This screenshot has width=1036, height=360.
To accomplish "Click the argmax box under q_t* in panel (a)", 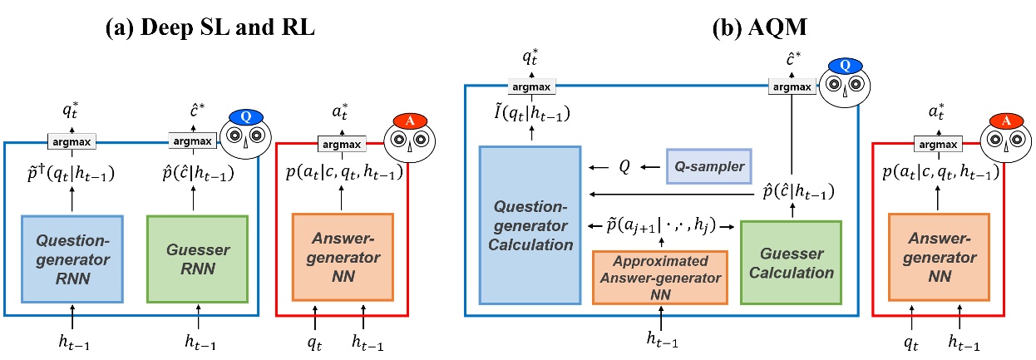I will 71,142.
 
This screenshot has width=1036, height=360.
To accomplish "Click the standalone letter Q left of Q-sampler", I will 624,166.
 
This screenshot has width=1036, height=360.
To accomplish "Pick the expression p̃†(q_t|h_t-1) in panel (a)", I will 72,175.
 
